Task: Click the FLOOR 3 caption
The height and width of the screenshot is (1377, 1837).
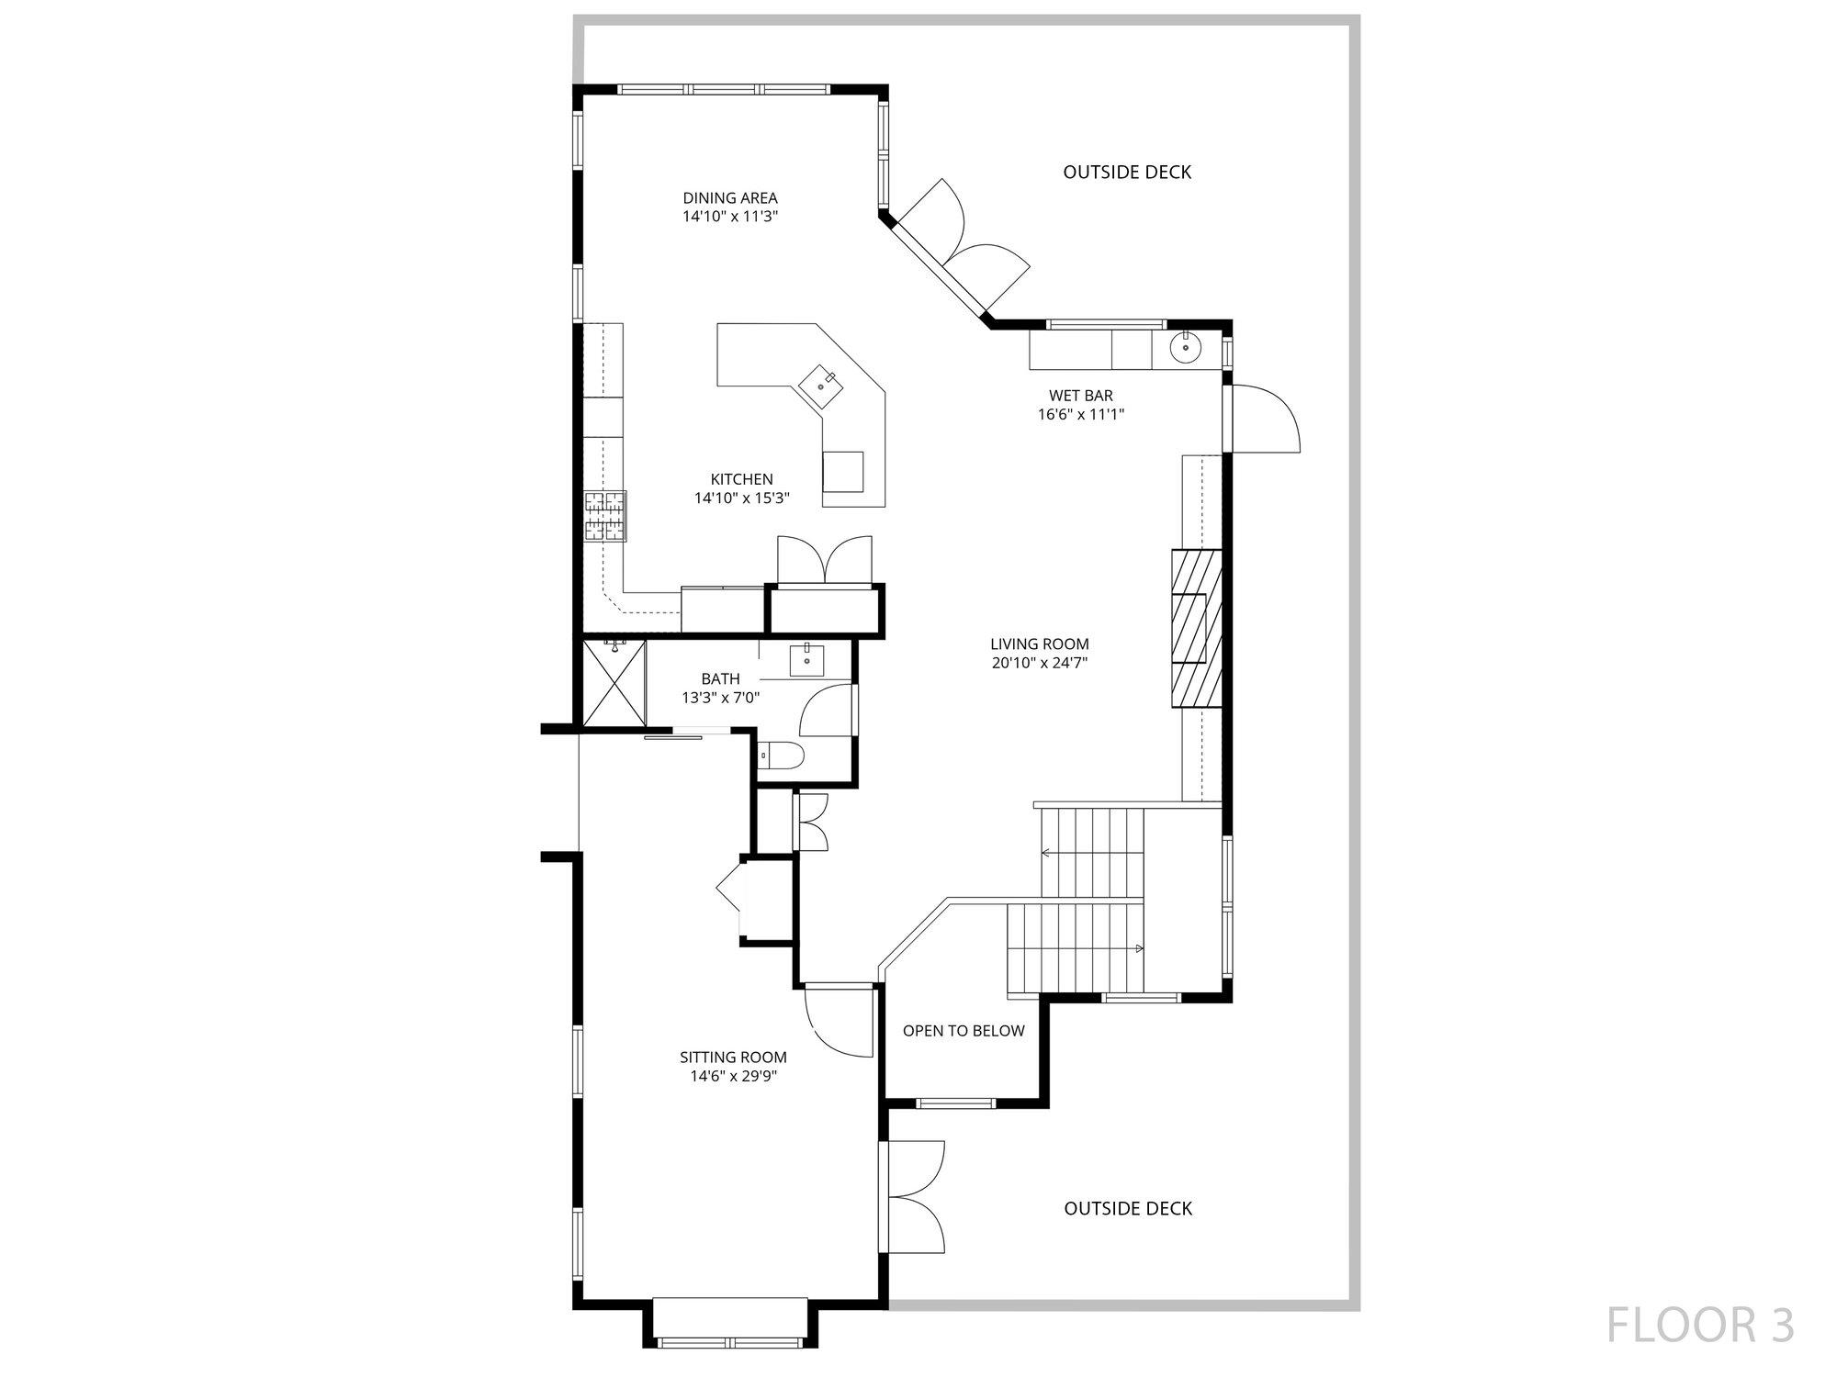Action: (x=1700, y=1326)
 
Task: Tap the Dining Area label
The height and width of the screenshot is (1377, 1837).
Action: (x=730, y=197)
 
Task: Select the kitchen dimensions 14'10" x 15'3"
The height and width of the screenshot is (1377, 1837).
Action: (x=742, y=498)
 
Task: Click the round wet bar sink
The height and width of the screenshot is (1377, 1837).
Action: (x=1186, y=347)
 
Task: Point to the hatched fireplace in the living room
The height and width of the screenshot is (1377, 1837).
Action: (x=1196, y=627)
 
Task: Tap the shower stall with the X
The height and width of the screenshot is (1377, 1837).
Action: (x=614, y=684)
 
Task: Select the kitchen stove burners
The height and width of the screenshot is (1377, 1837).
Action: (x=605, y=516)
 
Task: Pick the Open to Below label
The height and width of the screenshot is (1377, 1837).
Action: (x=964, y=1031)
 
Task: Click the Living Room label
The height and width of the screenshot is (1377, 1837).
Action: (x=1040, y=644)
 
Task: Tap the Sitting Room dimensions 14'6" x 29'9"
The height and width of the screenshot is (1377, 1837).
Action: (x=734, y=1077)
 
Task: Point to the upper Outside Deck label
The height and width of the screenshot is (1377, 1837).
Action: (x=1127, y=173)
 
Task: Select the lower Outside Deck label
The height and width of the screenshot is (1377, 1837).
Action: (x=1128, y=1209)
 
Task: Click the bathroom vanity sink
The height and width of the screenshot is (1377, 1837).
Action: (x=807, y=660)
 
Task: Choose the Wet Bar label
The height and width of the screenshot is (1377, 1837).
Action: (x=1081, y=396)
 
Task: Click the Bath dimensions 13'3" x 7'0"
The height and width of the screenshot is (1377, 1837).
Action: (x=721, y=698)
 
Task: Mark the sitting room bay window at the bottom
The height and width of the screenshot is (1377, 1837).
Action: (x=730, y=1323)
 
